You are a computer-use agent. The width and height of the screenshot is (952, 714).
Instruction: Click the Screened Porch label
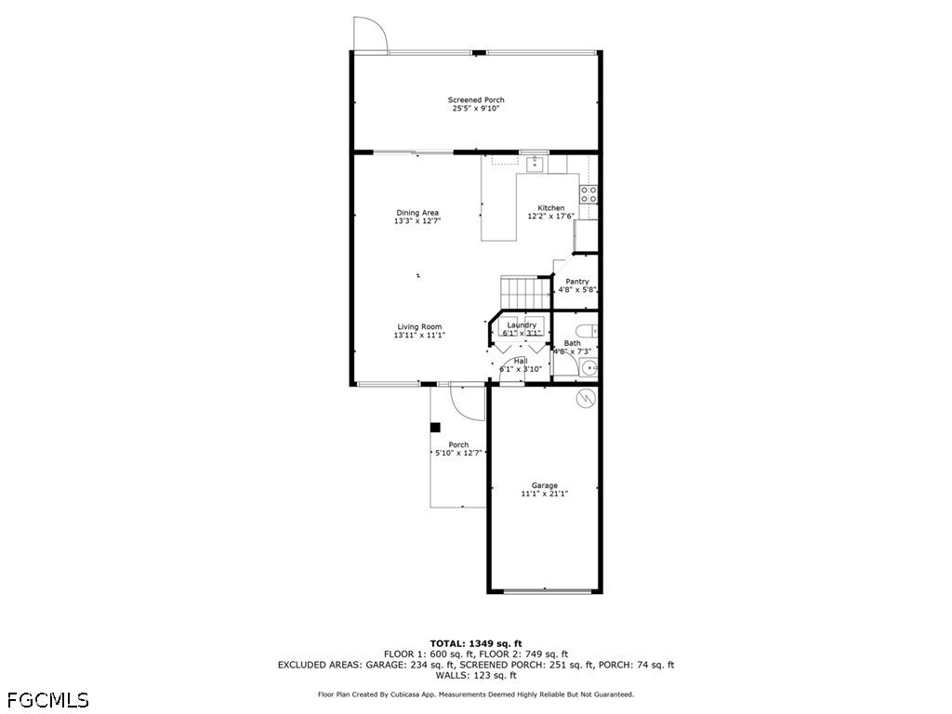coord(476,99)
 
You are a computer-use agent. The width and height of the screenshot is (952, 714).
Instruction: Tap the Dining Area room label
coord(417,213)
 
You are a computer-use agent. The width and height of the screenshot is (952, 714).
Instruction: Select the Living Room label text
coord(419,326)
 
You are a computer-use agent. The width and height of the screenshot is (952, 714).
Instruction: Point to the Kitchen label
coord(550,207)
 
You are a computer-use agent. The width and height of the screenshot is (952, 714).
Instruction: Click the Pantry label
coord(576,281)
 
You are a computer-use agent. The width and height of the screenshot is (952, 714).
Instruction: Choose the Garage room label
coord(545,485)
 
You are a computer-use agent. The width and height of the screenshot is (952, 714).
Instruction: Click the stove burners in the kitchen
coord(588,194)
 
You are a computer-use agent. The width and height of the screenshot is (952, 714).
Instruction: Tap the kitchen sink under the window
coord(535,164)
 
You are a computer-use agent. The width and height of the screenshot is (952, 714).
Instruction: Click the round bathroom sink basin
coord(588,367)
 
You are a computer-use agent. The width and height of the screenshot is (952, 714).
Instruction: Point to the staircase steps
coord(525,292)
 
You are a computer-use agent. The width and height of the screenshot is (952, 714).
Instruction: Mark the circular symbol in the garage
coord(586,398)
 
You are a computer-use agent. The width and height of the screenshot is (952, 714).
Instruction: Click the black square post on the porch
coord(435,428)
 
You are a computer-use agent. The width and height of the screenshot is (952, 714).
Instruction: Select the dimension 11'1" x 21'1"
coord(545,494)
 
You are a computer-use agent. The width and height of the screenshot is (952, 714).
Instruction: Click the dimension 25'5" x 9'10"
coord(476,108)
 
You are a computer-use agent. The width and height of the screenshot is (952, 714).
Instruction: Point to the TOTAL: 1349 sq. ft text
coord(476,643)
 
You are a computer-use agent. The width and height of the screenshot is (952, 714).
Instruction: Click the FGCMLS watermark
coord(48,700)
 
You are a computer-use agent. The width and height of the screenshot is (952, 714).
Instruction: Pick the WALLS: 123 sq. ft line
coord(476,675)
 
